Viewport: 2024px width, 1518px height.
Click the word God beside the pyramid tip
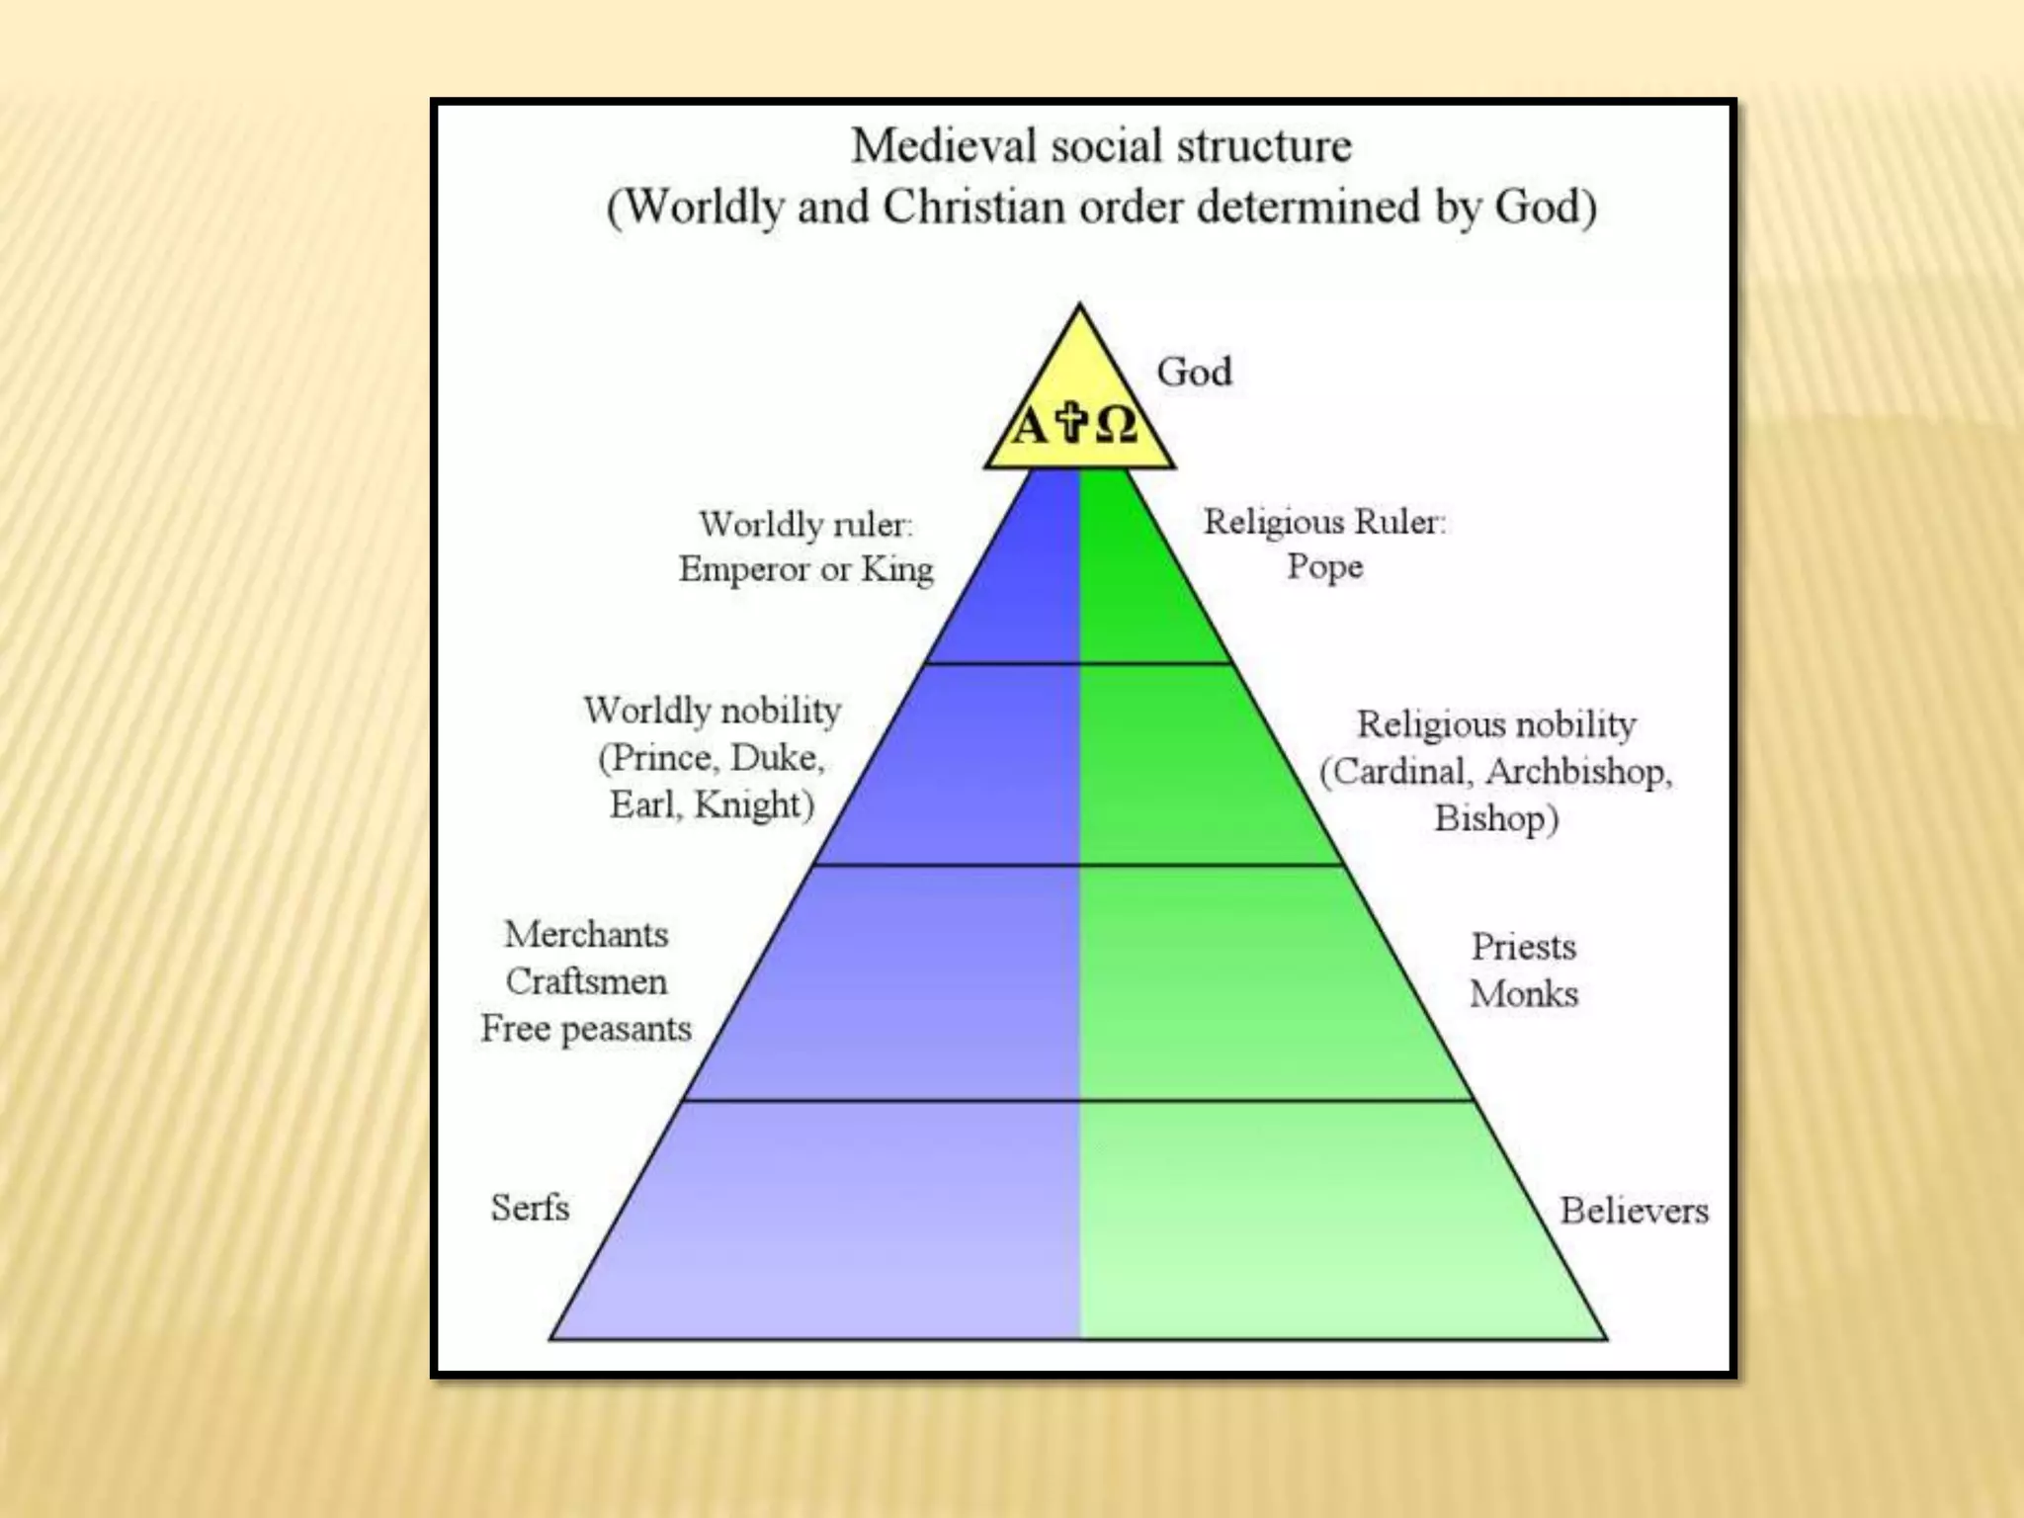(1194, 373)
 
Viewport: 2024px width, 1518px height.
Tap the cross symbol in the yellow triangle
(1071, 422)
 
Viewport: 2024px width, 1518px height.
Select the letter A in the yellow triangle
(1029, 427)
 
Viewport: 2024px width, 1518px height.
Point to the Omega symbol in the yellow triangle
(1116, 426)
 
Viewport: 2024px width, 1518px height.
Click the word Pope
(1324, 567)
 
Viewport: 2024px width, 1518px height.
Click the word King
(896, 569)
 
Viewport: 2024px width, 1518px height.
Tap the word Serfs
(530, 1208)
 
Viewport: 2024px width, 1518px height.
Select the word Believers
(1634, 1211)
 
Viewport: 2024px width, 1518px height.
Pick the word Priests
(1523, 947)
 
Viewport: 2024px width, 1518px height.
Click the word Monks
(1523, 994)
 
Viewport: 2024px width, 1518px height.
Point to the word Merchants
(586, 934)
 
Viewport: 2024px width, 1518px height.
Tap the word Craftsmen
(586, 981)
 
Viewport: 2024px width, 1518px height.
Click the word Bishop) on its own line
(1496, 819)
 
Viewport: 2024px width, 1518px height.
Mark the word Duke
(777, 758)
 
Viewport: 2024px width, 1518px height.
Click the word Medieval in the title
(943, 146)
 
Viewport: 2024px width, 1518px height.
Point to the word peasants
(627, 1030)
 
